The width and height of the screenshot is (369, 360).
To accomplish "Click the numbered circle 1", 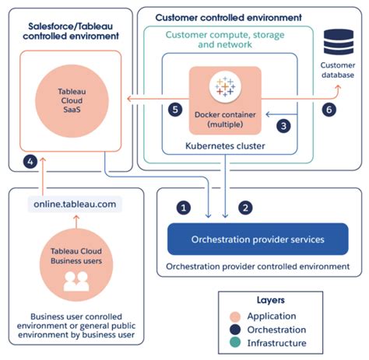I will (x=184, y=208).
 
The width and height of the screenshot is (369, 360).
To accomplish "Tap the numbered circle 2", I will (x=247, y=208).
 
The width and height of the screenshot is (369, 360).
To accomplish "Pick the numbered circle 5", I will (x=176, y=109).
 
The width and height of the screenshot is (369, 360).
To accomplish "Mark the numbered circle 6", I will (x=329, y=110).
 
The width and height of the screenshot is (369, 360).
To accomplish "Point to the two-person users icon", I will (x=75, y=285).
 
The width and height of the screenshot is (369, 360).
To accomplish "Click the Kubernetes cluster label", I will (x=226, y=146).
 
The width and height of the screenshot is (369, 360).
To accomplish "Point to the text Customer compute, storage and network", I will (x=226, y=40).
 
